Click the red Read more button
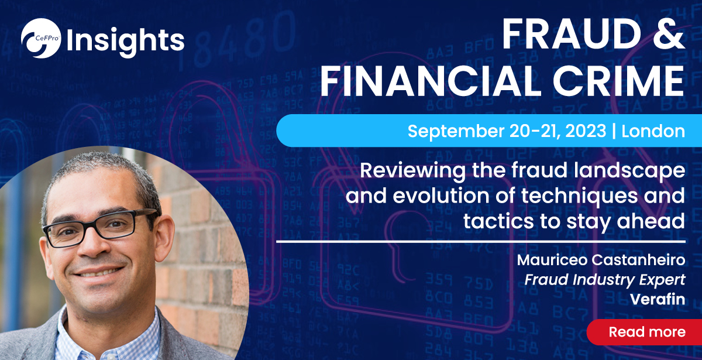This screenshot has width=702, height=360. [x=646, y=332]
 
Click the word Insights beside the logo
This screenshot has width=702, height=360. [x=125, y=40]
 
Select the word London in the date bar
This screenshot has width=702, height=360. [x=653, y=131]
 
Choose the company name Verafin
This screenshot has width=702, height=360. [x=658, y=300]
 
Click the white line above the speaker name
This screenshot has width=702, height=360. [x=480, y=241]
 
